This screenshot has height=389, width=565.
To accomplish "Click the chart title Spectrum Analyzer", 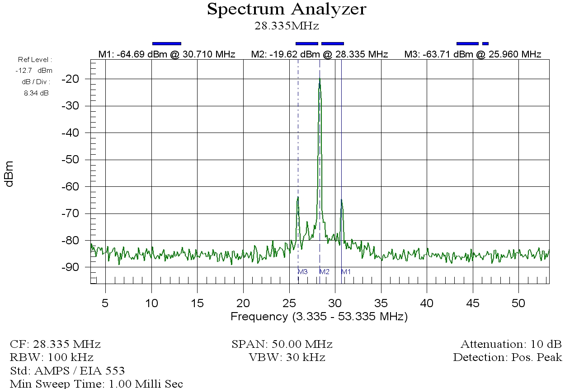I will click(x=287, y=9).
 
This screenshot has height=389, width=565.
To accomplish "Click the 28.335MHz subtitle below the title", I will click(x=287, y=26).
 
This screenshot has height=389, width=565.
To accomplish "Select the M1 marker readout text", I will click(x=167, y=55).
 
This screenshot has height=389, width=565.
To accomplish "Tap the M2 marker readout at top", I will click(x=320, y=55).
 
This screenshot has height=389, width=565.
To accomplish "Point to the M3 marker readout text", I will click(x=472, y=55).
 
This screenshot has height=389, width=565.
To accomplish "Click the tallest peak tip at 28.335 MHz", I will click(x=320, y=79).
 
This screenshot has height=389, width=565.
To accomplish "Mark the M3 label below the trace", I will click(x=302, y=272).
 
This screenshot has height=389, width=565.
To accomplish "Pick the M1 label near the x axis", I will click(x=346, y=272).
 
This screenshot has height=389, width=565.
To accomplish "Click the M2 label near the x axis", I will click(x=324, y=272).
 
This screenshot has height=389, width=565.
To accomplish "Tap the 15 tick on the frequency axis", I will click(x=198, y=303).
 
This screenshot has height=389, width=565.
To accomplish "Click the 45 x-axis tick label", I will click(x=472, y=303).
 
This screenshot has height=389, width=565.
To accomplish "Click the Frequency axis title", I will click(x=319, y=317).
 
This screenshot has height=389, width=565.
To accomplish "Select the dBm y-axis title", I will click(x=9, y=173).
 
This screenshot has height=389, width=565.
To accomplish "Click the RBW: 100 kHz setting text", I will click(x=52, y=357).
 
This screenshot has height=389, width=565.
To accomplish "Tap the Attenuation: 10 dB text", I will click(x=511, y=344).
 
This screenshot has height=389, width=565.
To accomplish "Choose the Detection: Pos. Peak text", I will click(x=507, y=357).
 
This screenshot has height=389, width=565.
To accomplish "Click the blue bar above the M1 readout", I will click(x=167, y=43).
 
